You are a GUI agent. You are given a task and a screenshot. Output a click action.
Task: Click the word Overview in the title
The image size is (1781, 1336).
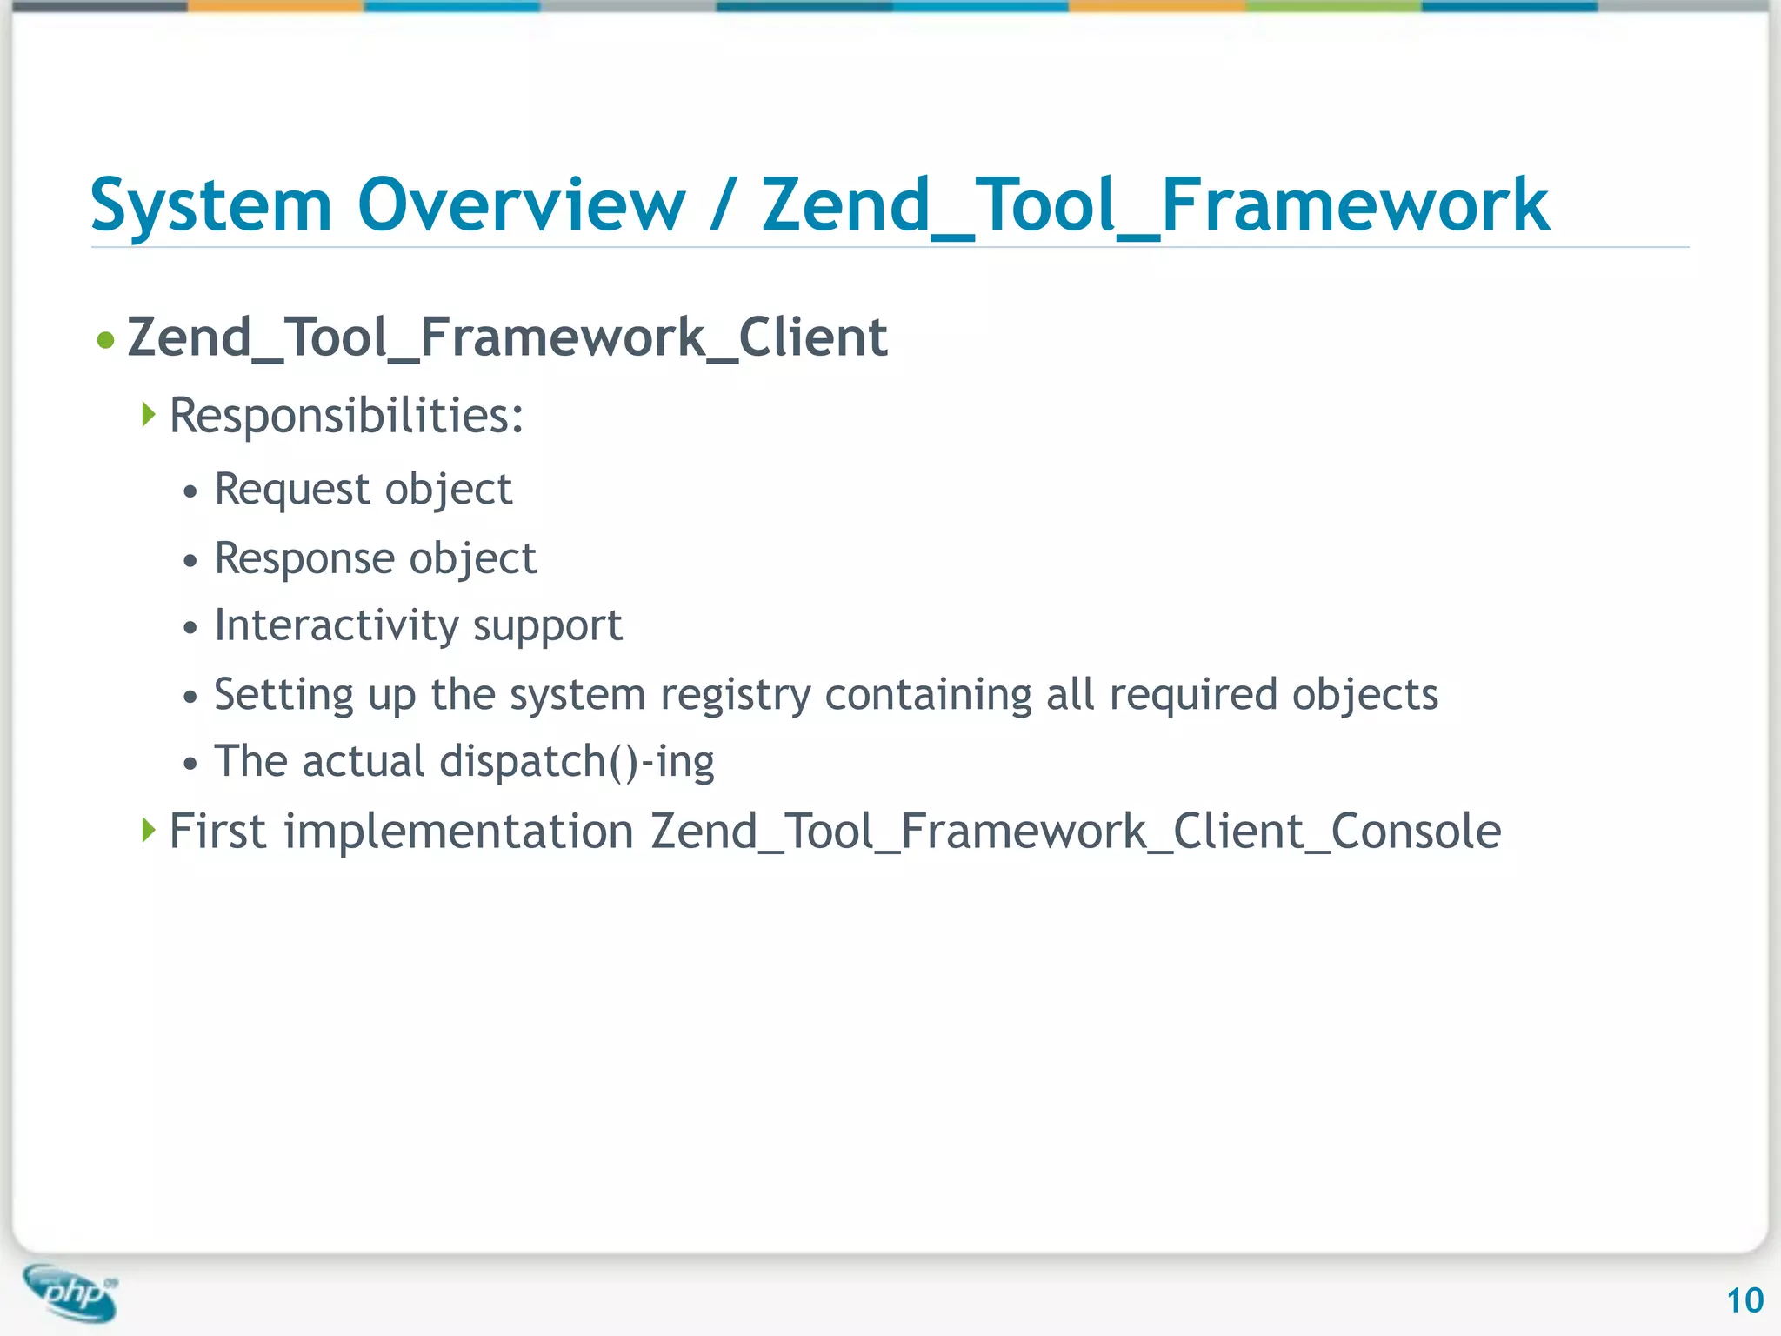click(x=521, y=205)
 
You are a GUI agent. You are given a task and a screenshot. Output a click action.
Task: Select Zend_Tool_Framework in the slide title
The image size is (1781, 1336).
click(x=1155, y=205)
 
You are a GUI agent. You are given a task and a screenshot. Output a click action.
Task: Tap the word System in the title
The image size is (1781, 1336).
click(x=211, y=205)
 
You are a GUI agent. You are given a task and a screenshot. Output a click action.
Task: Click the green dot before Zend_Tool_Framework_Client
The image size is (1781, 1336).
click(x=106, y=339)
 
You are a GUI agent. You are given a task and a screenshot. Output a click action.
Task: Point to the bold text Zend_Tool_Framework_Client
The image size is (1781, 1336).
click(x=507, y=337)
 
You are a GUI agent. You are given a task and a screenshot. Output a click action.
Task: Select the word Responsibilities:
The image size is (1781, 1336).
click(x=346, y=416)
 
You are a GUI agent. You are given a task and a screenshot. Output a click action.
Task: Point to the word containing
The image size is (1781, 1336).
click(x=927, y=695)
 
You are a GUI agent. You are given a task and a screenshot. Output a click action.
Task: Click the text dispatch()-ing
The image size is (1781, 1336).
click(x=577, y=762)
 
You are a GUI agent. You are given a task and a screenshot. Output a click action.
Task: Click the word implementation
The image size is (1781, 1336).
click(x=459, y=831)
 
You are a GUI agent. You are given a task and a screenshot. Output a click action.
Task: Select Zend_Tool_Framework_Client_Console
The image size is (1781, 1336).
click(x=1076, y=832)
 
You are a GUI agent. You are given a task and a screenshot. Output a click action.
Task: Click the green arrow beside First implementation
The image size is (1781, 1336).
click(x=149, y=830)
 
